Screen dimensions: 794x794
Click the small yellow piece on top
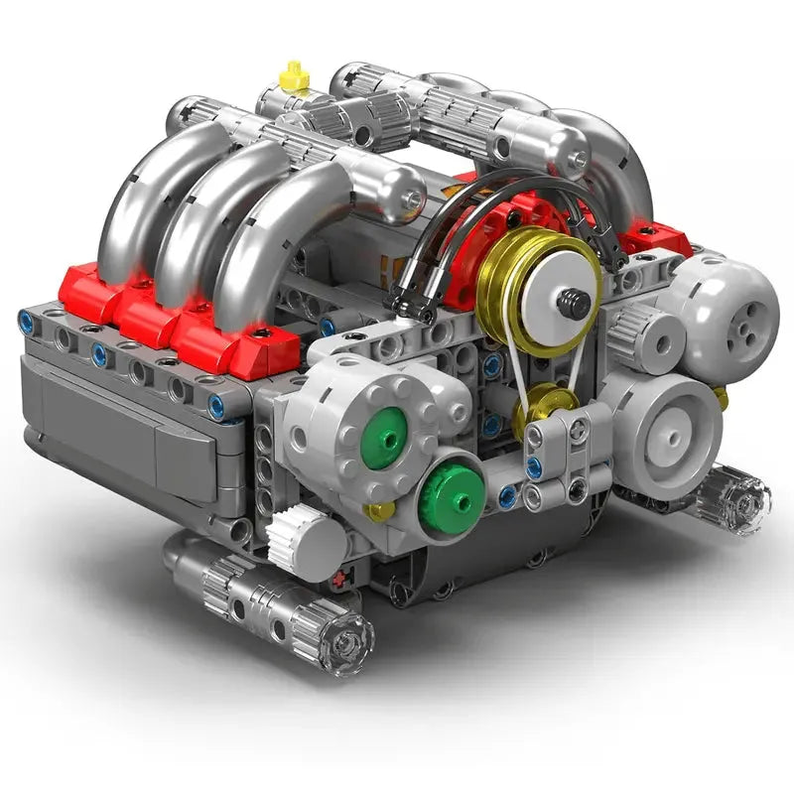coord(294,75)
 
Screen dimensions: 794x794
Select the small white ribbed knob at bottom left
coord(294,537)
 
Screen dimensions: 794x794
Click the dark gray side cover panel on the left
coord(119,417)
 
